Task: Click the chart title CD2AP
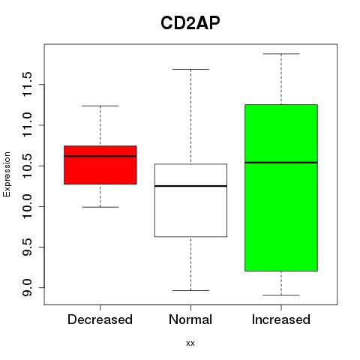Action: pos(190,23)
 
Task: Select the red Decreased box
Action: pos(100,165)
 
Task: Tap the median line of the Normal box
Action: pos(190,186)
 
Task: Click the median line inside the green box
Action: pos(281,163)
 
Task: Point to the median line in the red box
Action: pos(100,156)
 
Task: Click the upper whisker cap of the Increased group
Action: pos(281,54)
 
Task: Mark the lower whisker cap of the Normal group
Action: pos(190,290)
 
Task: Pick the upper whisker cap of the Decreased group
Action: pos(100,106)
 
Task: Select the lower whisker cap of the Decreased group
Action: pos(100,207)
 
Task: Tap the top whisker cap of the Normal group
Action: pos(190,69)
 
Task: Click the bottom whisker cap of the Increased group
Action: pos(281,295)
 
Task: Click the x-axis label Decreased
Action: pos(100,319)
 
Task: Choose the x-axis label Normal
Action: pos(190,319)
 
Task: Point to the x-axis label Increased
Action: pos(281,319)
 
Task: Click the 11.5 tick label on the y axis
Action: pos(27,84)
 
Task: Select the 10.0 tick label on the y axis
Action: pos(27,206)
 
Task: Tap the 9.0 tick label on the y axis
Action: pos(27,288)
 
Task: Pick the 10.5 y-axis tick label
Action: pos(27,166)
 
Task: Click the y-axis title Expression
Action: pos(7,174)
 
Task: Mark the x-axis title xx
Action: pos(190,343)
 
